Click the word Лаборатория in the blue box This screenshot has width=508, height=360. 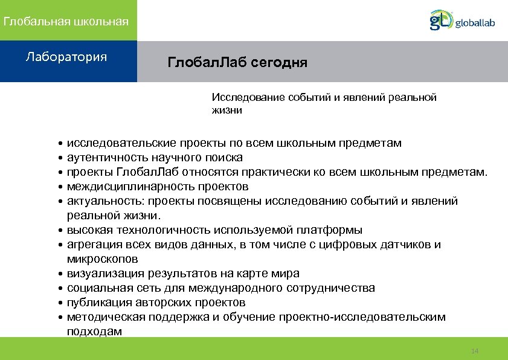(66, 57)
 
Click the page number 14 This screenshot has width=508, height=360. (474, 351)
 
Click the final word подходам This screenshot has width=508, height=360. (95, 332)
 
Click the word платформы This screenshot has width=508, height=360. (333, 230)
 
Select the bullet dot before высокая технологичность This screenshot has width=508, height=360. (62, 231)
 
